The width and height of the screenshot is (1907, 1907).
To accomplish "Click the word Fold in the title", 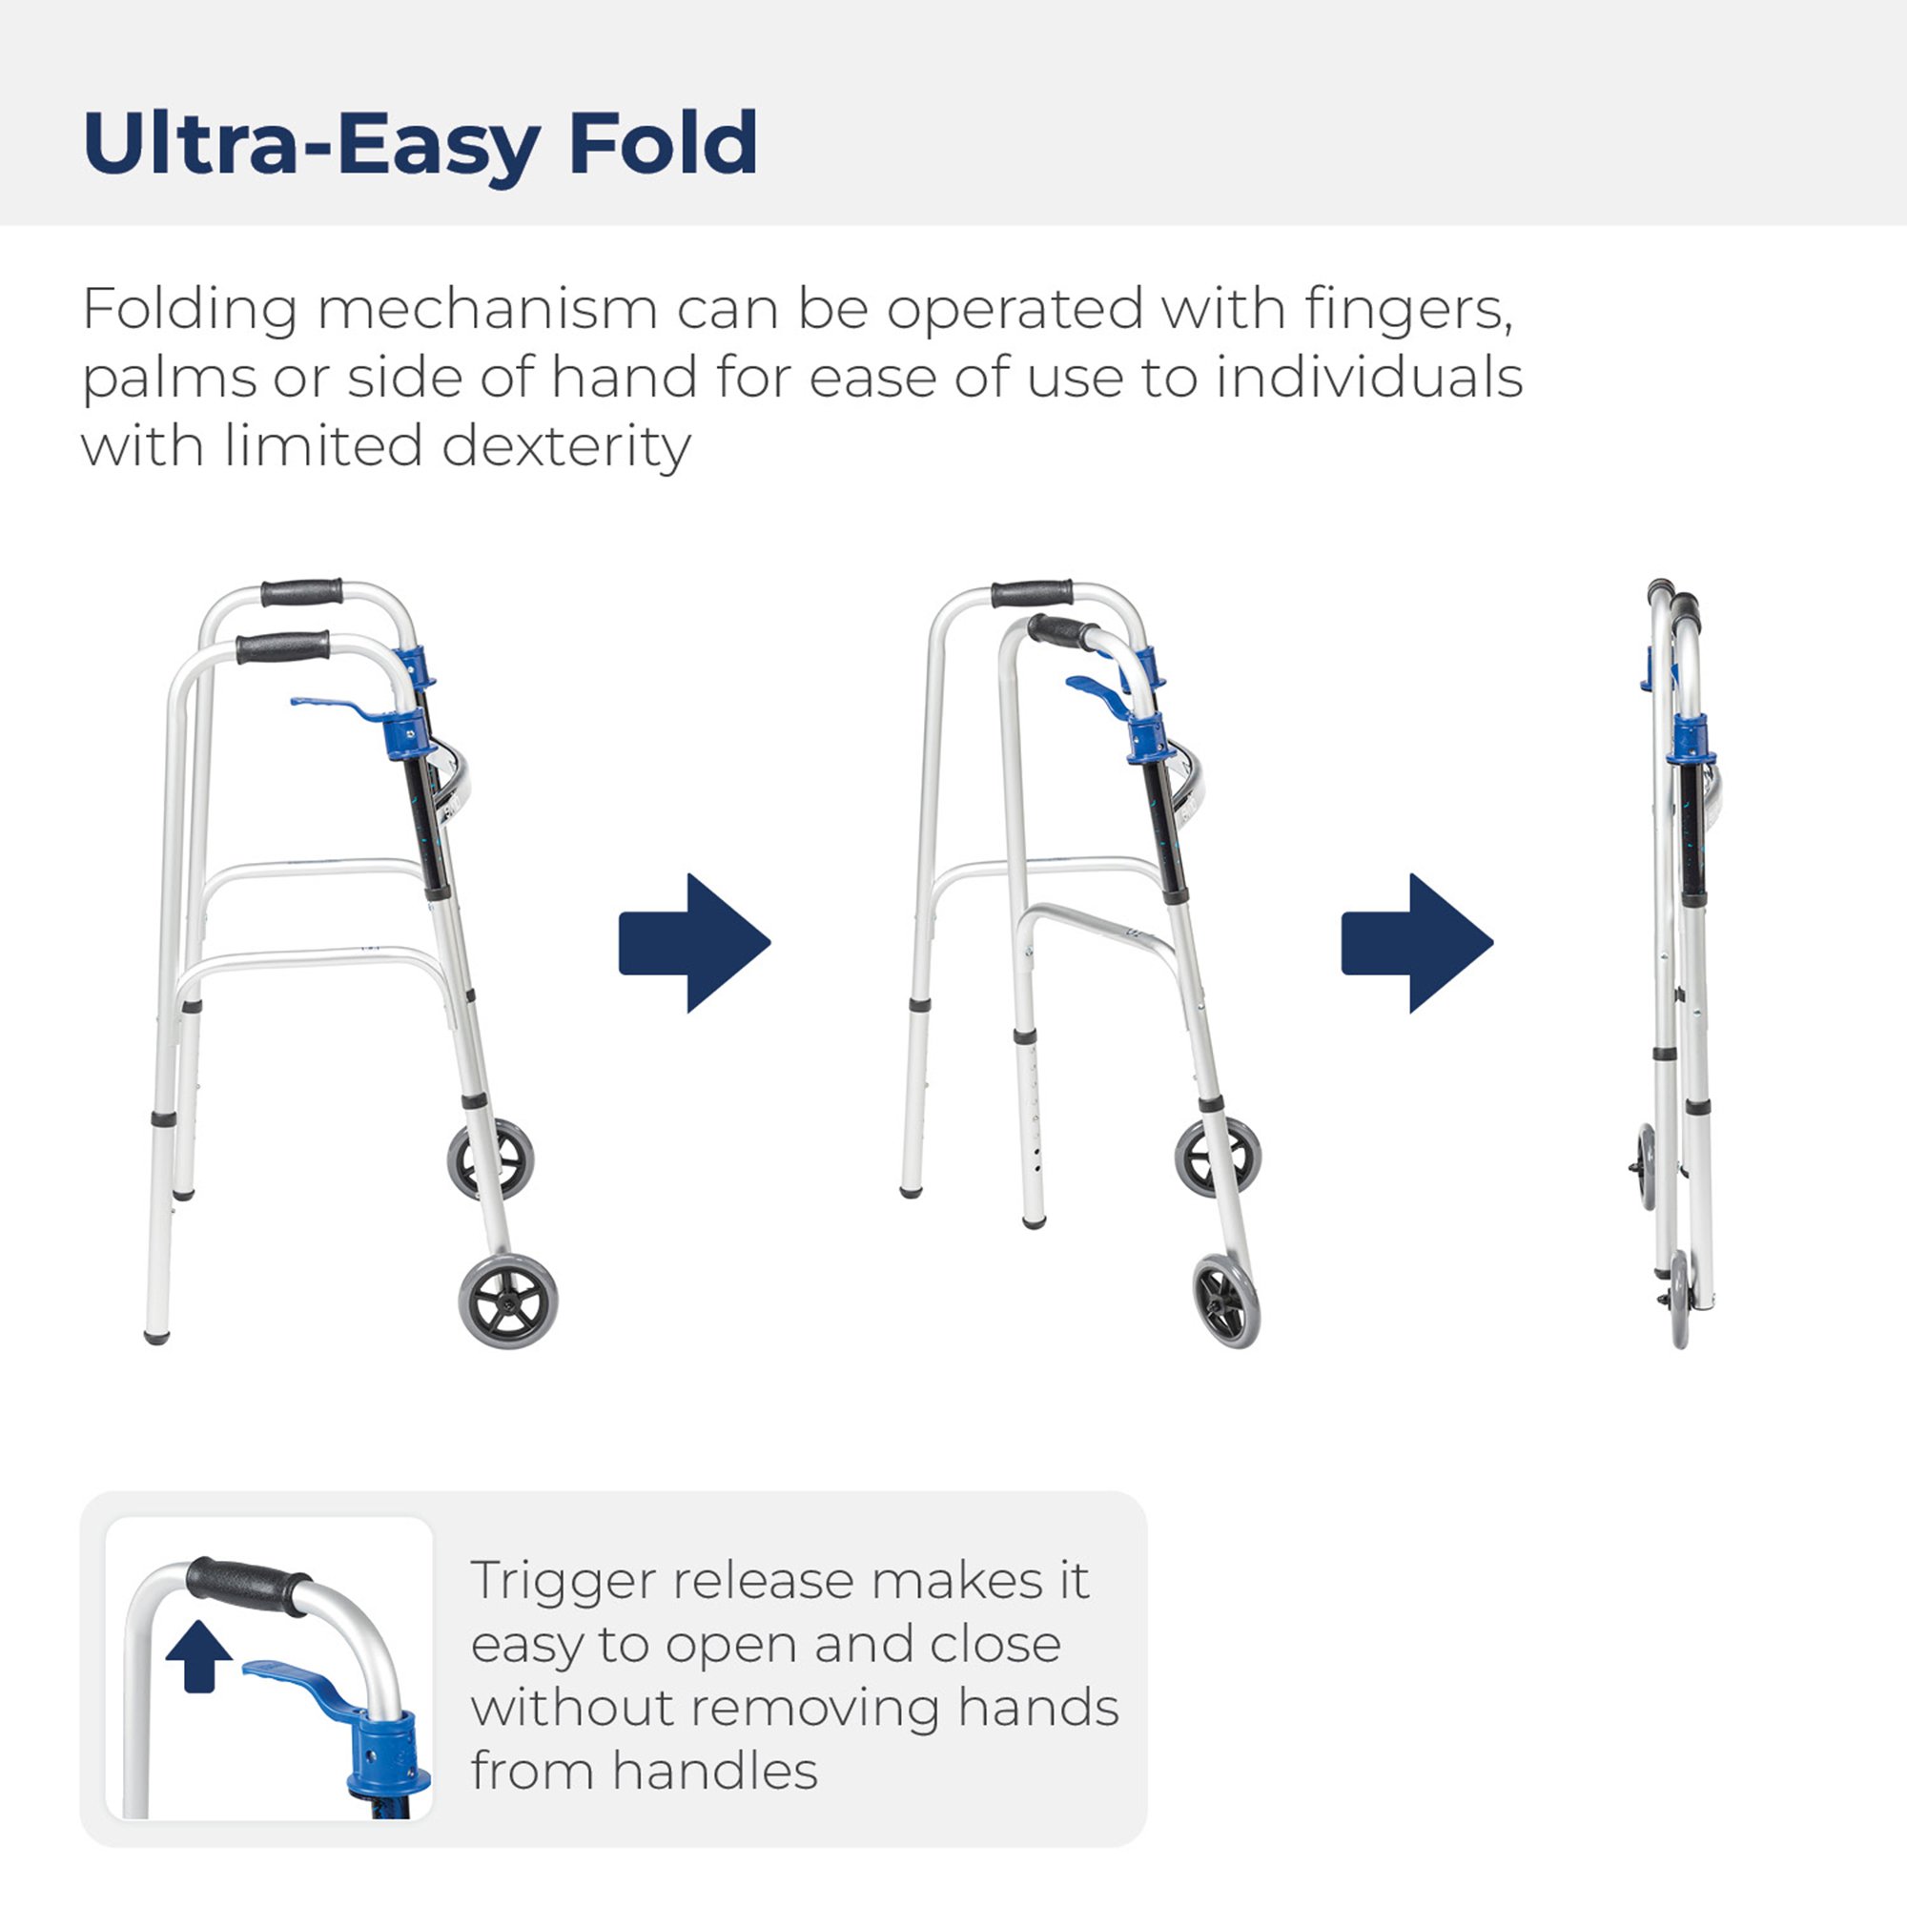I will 663,144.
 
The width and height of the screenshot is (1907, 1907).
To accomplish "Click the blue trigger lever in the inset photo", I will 297,1679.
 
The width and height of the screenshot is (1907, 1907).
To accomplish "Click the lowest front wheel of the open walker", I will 508,1300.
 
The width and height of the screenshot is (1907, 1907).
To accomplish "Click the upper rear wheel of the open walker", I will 490,1159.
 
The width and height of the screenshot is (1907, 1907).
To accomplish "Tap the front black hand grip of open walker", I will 282,647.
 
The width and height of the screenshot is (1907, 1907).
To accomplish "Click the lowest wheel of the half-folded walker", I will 1227,1301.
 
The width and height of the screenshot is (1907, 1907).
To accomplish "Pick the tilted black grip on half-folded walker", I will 1058,632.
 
